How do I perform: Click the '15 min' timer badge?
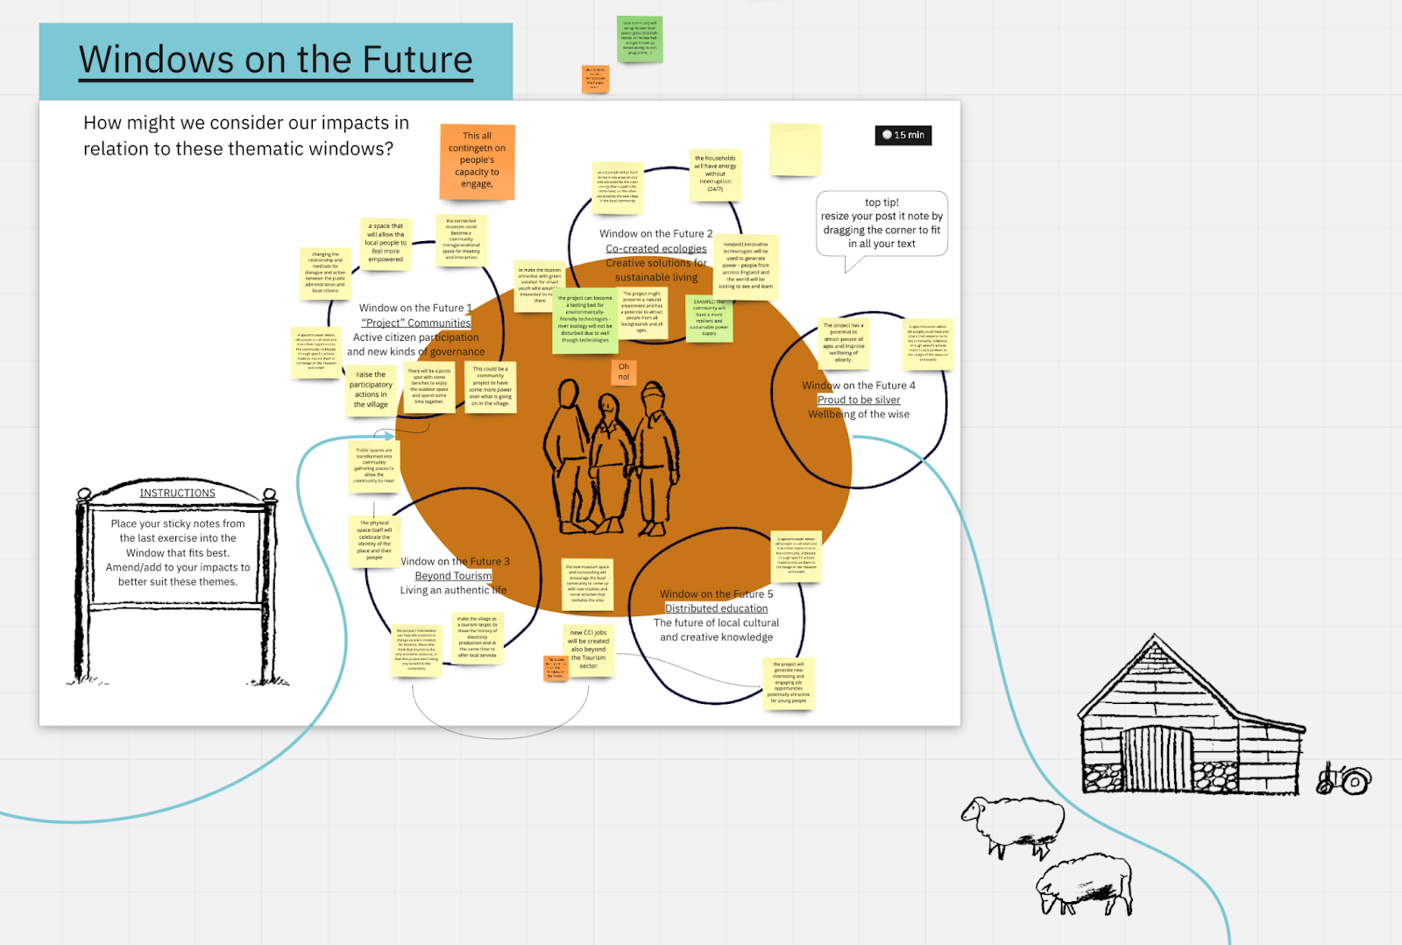[x=903, y=135]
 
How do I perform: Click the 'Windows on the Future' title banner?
[x=276, y=60]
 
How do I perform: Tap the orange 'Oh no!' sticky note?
[x=624, y=372]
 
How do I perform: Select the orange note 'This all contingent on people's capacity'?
[x=477, y=160]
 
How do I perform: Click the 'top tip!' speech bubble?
[x=882, y=224]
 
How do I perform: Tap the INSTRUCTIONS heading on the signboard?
[x=177, y=494]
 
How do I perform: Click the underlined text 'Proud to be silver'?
[x=859, y=400]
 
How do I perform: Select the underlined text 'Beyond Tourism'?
[x=453, y=576]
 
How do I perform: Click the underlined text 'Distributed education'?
[x=716, y=608]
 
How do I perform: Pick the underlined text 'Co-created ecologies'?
[x=655, y=248]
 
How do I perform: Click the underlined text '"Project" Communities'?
[x=415, y=323]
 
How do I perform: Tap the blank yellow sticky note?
[x=795, y=149]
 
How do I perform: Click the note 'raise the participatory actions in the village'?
[x=371, y=390]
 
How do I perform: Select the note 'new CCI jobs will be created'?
[x=588, y=649]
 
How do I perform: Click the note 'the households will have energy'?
[x=715, y=174]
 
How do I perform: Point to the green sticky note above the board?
[x=639, y=39]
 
